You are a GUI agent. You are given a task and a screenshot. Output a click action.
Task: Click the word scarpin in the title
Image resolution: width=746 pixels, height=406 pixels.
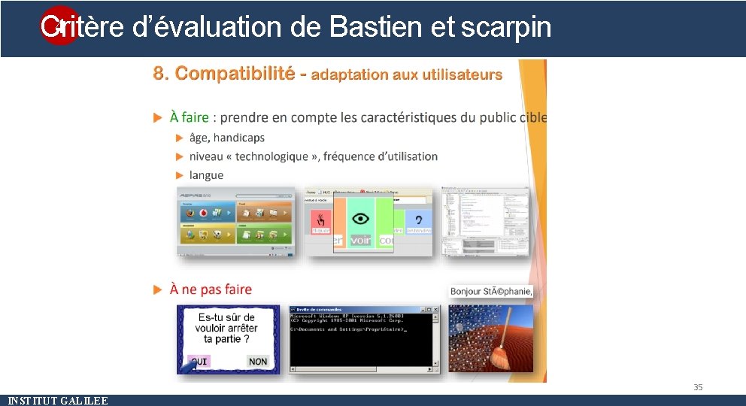point(505,27)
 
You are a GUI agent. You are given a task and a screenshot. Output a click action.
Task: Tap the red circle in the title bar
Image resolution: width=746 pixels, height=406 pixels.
point(58,26)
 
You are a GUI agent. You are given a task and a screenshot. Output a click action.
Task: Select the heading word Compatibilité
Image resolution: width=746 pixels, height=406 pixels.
point(235,74)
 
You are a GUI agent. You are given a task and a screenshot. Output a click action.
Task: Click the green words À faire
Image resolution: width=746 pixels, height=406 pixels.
point(190,117)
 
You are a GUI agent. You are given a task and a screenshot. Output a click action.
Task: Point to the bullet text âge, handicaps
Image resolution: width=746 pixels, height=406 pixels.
point(227,138)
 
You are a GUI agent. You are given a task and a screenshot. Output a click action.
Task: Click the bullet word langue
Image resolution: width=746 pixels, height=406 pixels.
point(206,175)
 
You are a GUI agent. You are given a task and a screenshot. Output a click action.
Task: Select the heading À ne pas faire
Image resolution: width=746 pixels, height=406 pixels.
point(211,289)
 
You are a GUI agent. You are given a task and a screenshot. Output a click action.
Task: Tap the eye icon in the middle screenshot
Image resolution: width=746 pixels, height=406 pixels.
point(361,219)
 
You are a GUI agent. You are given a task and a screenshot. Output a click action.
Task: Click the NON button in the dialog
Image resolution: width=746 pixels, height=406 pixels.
point(258,362)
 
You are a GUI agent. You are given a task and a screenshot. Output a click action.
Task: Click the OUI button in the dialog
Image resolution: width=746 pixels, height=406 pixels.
point(199,362)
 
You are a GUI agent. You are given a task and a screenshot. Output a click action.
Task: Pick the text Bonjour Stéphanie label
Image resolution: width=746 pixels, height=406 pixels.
point(491,291)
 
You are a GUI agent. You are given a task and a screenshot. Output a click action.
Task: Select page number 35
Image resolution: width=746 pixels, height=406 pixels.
point(698,387)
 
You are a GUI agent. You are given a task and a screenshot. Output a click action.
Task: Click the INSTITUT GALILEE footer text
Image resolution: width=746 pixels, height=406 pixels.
point(57,401)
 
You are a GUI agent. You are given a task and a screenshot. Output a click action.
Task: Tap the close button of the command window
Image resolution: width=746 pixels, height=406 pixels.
point(435,309)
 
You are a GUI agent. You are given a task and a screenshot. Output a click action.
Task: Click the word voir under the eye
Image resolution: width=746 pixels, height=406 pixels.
point(361,241)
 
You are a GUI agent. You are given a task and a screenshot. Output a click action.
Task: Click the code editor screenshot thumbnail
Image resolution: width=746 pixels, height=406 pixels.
point(485,221)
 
